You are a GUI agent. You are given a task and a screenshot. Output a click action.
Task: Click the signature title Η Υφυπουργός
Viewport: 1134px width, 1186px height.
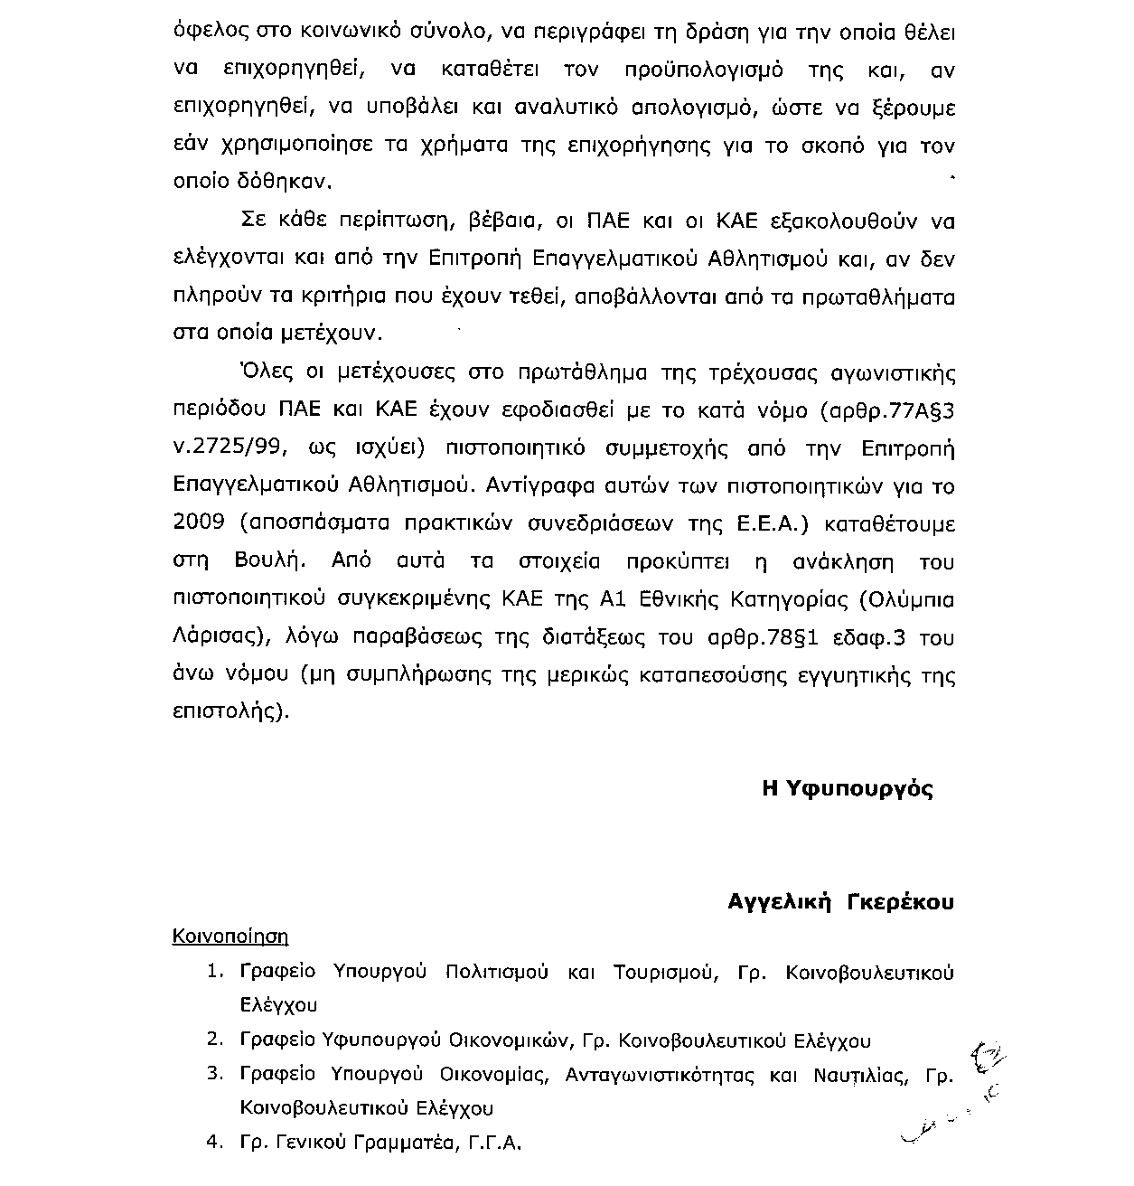click(848, 788)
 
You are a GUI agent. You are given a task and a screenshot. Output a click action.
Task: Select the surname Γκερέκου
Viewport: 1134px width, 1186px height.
click(899, 902)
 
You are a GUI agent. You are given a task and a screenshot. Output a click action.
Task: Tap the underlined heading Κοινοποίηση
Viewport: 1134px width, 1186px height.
click(230, 936)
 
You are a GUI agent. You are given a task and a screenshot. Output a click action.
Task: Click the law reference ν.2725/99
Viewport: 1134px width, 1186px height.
click(223, 448)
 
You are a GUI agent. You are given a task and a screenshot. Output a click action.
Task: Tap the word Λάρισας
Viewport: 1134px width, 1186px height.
click(220, 637)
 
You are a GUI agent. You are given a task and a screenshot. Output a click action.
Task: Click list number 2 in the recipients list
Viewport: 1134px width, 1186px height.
click(214, 1040)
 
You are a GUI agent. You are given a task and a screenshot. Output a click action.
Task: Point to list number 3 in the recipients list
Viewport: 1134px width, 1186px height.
click(214, 1074)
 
